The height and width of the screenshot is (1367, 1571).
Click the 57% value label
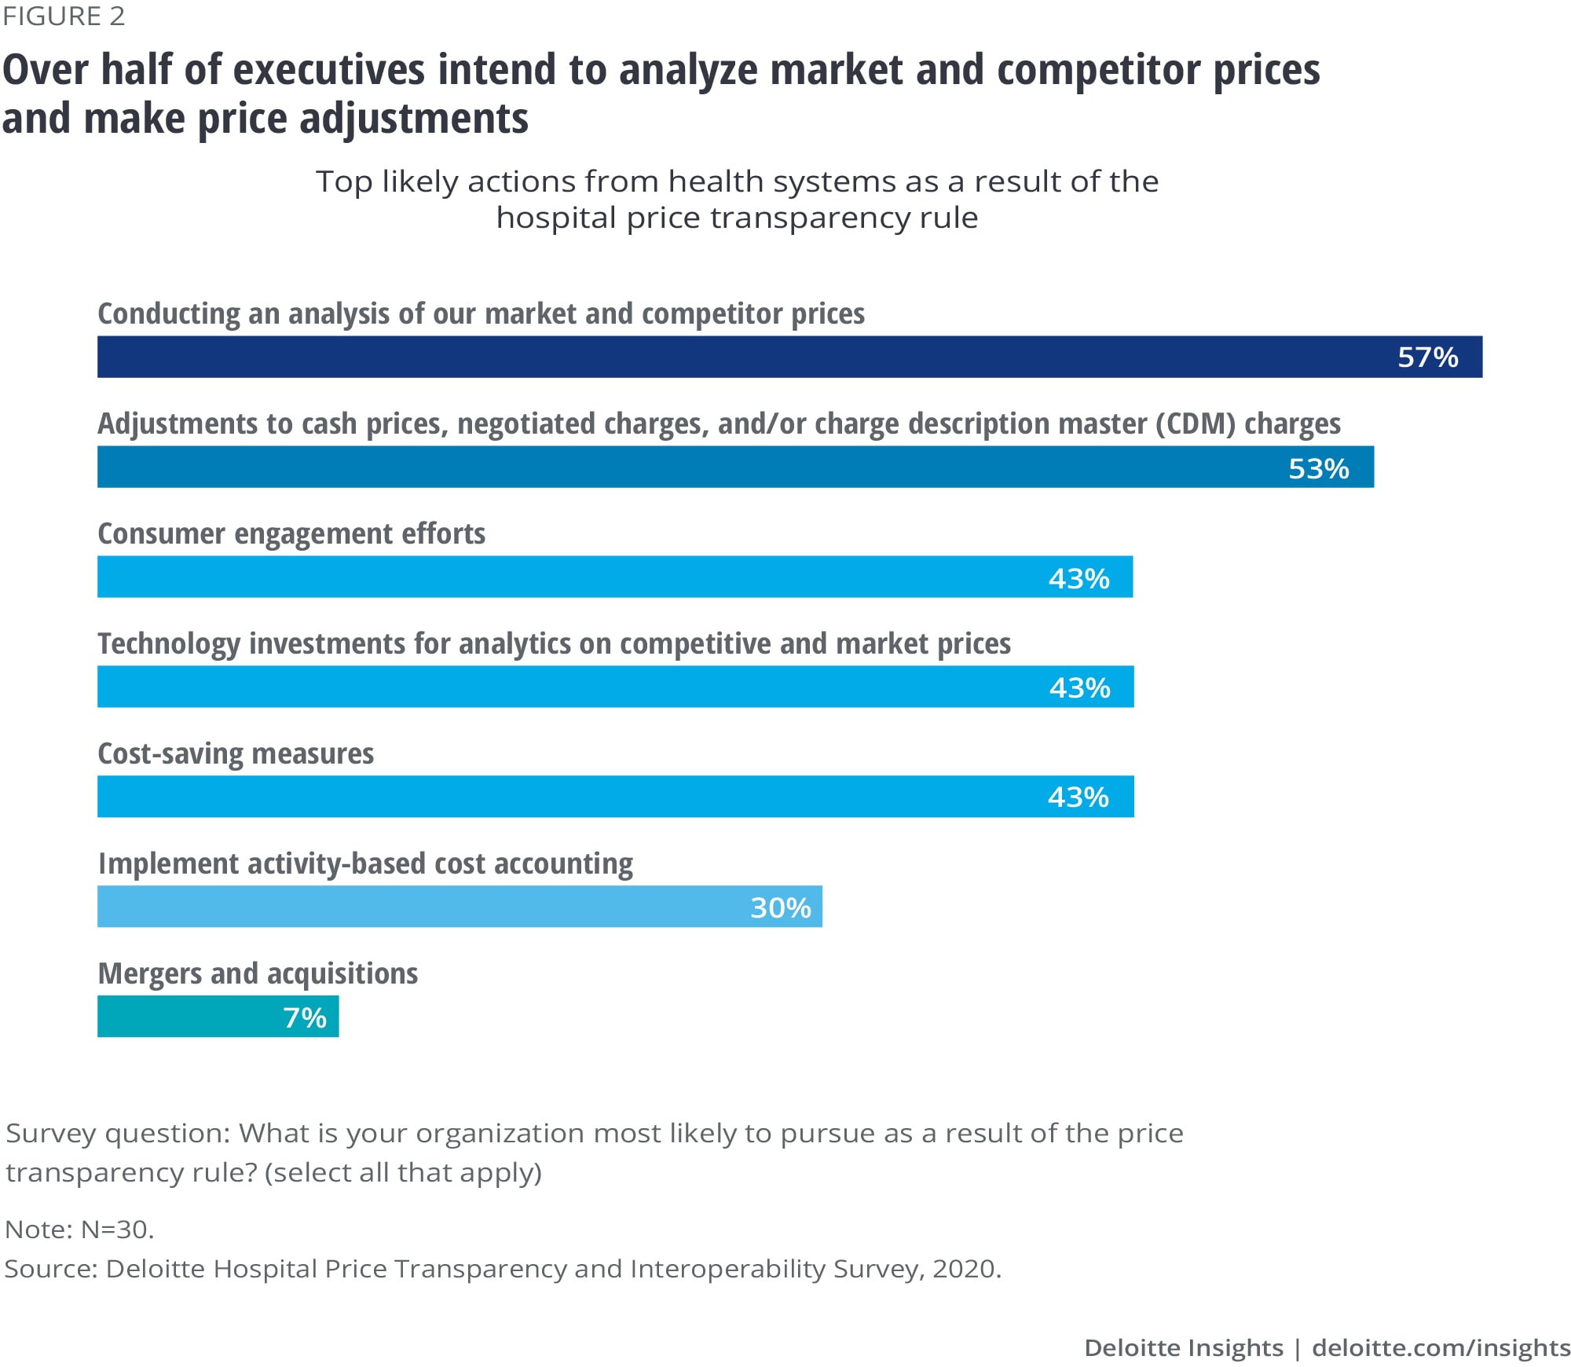(1427, 357)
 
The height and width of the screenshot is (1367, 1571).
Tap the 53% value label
(1318, 468)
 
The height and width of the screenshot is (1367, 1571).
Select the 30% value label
(780, 907)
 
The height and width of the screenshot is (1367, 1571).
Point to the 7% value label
(305, 1017)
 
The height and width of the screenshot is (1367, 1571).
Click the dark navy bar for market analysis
(707, 357)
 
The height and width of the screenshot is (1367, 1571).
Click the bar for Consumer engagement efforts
(550, 577)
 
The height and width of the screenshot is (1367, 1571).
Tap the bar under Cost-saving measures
(550, 797)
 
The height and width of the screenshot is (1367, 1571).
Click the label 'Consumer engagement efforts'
(291, 534)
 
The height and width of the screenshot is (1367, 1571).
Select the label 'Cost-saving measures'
(236, 754)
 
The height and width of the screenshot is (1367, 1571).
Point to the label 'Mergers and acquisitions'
(258, 974)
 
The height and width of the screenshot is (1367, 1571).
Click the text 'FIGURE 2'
(64, 16)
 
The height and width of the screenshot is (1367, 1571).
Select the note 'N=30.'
(118, 1230)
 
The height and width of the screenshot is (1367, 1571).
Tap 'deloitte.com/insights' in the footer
(1441, 1348)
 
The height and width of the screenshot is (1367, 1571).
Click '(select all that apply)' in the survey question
(404, 1173)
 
